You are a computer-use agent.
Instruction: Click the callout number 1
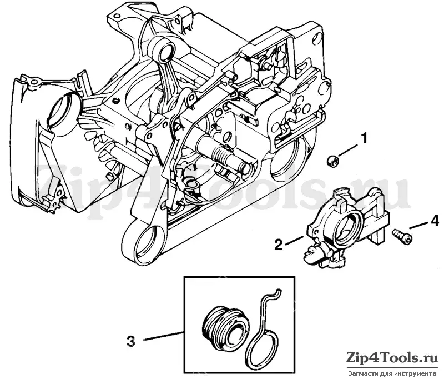[364, 139]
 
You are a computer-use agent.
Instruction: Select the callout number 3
[130, 341]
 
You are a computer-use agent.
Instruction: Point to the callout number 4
[434, 220]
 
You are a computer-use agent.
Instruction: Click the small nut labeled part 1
[332, 161]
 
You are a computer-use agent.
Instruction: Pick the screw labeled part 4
[402, 236]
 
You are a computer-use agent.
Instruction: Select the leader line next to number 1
[348, 150]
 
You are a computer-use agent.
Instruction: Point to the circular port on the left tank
[61, 107]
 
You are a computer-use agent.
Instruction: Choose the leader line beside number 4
[418, 226]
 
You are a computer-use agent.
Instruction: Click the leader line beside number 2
[295, 240]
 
